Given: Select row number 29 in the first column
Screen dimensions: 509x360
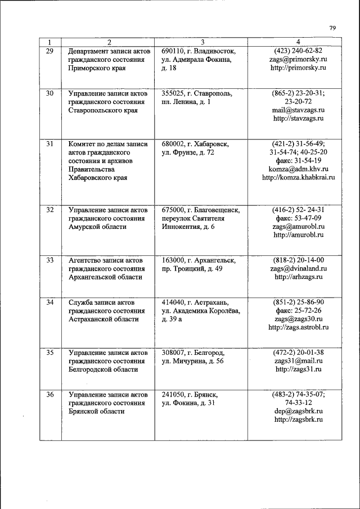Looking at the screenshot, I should coord(49,51).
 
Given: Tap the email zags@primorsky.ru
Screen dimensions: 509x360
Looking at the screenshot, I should coord(299,59).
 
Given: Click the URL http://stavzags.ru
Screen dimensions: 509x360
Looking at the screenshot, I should coord(299,119).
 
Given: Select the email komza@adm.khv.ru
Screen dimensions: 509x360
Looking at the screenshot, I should coord(299,169).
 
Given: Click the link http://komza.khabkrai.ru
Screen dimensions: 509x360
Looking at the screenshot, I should coord(299,178).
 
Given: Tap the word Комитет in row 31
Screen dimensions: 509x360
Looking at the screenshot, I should coord(83,143).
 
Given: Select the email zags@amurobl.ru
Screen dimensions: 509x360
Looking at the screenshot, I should coord(299,227).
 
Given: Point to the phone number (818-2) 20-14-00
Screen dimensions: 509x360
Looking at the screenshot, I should coord(299,260).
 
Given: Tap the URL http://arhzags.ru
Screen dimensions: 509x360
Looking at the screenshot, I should coord(299,277).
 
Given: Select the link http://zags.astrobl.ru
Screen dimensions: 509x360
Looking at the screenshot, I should coord(299,327).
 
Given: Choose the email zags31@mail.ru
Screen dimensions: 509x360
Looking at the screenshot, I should coord(299,361).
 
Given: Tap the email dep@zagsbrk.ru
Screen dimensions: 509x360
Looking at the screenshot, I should coord(299,411).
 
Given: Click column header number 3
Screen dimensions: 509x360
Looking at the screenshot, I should coord(202,42).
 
